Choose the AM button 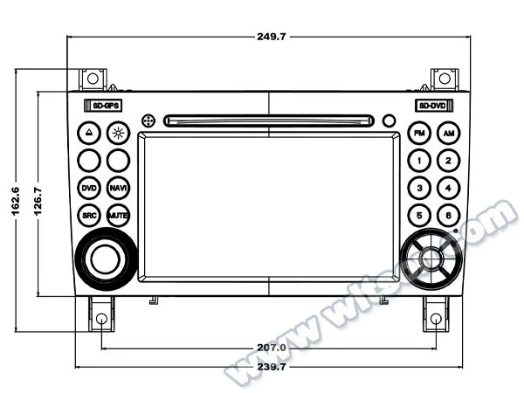[447, 134]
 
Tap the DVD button [89, 188]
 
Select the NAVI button [118, 188]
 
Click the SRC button [89, 215]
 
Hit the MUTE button [118, 215]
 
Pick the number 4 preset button [447, 188]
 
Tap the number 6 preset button [447, 215]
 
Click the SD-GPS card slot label [103, 106]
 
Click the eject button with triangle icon [89, 134]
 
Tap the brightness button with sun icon [118, 134]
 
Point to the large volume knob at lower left [103, 258]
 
